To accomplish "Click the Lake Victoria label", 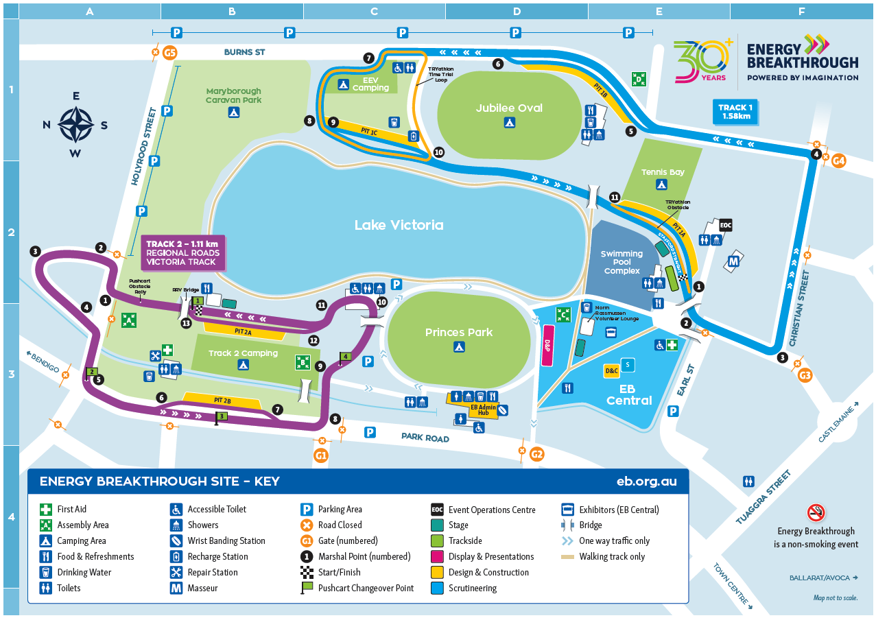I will [399, 225].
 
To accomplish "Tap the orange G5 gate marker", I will [170, 52].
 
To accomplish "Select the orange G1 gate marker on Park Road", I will [320, 455].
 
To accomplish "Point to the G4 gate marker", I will [838, 161].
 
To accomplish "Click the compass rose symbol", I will [75, 124].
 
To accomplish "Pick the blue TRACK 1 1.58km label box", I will [735, 111].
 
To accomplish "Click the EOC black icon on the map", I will [726, 224].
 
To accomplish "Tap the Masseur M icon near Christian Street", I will [733, 261].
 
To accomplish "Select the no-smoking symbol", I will [816, 512].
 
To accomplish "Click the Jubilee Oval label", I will [509, 108].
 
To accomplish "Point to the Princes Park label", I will [459, 333].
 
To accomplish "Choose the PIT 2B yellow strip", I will [222, 400].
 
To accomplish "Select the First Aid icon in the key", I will [46, 510].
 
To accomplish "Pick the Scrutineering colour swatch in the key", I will [437, 589].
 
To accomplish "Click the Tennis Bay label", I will [662, 172].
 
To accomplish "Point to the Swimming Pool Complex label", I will [622, 262].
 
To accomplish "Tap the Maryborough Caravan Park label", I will [233, 95].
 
